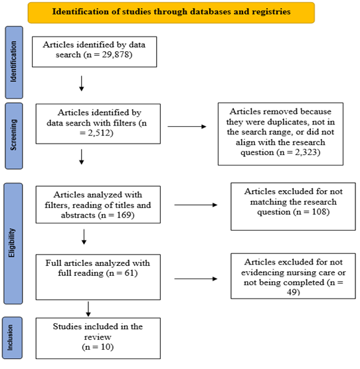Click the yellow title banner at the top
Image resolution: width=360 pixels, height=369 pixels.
[x=171, y=13]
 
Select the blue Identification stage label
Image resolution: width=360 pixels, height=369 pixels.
[x=14, y=62]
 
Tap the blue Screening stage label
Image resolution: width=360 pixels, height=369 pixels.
[x=14, y=136]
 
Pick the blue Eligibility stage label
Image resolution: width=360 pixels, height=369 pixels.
[x=13, y=243]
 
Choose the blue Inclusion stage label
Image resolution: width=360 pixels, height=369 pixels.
[x=12, y=338]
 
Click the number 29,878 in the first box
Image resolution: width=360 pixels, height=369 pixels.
[x=116, y=55]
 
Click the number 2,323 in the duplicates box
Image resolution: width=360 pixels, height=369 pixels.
[x=306, y=152]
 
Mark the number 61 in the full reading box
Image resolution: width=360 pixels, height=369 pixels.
[x=129, y=273]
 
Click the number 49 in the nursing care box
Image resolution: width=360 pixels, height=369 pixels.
[x=292, y=292]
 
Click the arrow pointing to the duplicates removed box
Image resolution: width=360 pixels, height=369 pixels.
[x=187, y=126]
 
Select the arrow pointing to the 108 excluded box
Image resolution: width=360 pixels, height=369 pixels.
[x=196, y=205]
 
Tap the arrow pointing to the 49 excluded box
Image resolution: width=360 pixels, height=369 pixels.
[x=196, y=279]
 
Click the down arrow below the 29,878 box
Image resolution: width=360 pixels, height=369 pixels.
[x=81, y=83]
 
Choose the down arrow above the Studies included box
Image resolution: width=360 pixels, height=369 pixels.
[x=88, y=309]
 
